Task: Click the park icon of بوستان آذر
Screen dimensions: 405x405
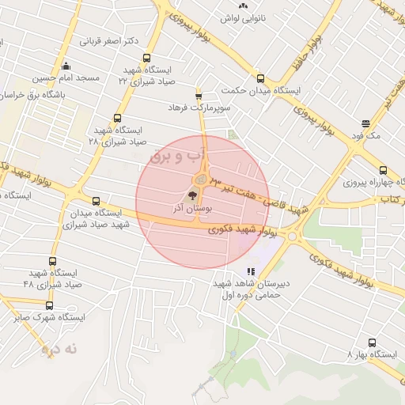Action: [192, 195]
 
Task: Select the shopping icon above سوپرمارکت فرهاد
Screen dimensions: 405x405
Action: [199, 93]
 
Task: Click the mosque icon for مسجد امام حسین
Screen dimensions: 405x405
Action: [66, 66]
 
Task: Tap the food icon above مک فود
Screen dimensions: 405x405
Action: [365, 123]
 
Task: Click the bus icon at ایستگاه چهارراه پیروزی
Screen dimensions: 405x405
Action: [384, 170]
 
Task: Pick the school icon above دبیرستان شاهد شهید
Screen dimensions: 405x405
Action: [252, 271]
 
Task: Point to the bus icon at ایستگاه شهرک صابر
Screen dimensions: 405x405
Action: [49, 305]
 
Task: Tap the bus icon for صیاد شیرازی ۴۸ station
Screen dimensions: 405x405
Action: [53, 261]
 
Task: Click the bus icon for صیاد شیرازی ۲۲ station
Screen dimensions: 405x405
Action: [146, 58]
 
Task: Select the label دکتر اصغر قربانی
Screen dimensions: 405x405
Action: [110, 40]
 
